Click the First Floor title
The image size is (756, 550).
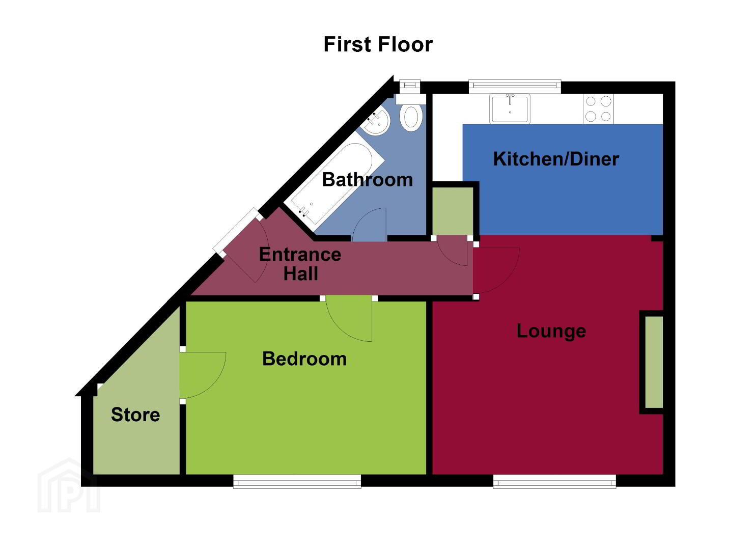click(x=378, y=44)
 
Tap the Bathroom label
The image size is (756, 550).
click(x=368, y=180)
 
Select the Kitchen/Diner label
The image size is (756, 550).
click(x=556, y=159)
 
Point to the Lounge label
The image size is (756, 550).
click(x=551, y=331)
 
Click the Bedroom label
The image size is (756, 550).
click(x=304, y=359)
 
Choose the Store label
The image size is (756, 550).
click(x=135, y=414)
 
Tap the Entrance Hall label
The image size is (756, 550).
click(x=300, y=264)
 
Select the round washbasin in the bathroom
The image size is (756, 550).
click(x=376, y=121)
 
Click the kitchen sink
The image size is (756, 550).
click(x=510, y=108)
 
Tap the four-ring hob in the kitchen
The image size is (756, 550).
click(x=598, y=108)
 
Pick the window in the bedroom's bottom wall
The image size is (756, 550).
click(x=297, y=481)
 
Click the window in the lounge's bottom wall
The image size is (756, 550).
click(x=554, y=481)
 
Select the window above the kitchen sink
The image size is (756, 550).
click(x=515, y=87)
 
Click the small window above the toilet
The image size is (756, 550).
click(x=410, y=87)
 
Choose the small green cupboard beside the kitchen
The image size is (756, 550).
click(x=453, y=211)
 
